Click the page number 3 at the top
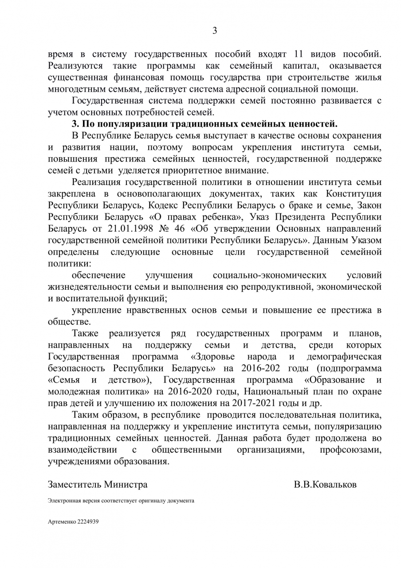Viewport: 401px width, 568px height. [215, 31]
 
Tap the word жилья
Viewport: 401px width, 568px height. [369, 78]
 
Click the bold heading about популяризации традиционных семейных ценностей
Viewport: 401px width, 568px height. [204, 123]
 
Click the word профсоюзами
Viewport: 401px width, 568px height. [350, 450]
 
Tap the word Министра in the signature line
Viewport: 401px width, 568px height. [126, 484]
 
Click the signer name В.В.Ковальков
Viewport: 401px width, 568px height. [325, 484]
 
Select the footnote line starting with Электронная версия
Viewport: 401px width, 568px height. [121, 501]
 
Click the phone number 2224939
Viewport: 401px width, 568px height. [87, 522]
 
